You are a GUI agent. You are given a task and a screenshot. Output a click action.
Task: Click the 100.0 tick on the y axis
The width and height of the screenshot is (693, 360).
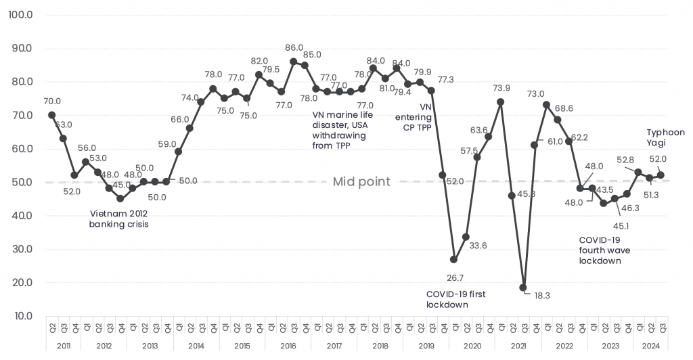20,15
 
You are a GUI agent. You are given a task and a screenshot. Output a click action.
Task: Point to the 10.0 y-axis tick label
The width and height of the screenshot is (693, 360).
20,316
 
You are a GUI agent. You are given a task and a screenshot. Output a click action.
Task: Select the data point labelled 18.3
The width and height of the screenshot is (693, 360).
523,288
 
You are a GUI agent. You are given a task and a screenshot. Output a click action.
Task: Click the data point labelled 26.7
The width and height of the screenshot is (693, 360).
453,260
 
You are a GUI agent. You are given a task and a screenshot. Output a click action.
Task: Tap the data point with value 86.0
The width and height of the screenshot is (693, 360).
293,62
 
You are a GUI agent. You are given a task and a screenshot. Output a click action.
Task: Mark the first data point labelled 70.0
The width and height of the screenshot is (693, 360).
51,115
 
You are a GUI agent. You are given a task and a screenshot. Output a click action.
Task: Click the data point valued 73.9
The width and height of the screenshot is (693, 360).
500,102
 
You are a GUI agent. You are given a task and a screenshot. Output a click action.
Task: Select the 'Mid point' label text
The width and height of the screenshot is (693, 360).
361,182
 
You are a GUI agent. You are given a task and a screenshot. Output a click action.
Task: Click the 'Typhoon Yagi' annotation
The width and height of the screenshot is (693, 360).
666,137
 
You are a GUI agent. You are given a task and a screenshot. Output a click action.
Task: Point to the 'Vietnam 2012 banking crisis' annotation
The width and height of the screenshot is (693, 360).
118,219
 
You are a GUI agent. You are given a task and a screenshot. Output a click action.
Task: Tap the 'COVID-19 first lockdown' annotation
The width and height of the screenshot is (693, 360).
456,299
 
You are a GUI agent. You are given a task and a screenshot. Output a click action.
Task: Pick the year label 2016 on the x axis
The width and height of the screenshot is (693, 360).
288,346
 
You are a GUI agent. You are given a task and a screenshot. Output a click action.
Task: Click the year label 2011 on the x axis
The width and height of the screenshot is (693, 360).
63,346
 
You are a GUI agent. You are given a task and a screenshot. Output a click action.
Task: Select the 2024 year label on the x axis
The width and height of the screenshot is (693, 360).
651,346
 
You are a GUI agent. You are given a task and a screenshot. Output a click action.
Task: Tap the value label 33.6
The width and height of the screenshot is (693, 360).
478,246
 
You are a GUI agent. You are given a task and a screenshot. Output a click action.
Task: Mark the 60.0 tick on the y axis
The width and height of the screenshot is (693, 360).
20,149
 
